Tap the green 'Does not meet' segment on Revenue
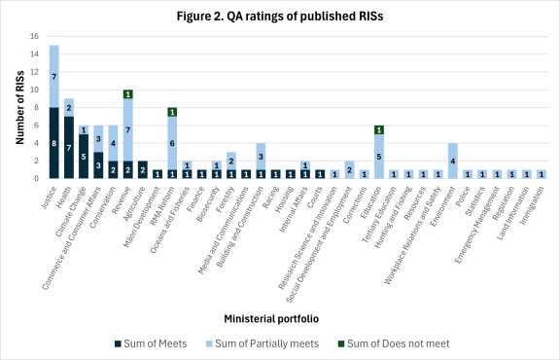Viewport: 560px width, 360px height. point(127,94)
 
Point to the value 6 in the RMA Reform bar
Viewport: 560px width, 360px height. point(172,143)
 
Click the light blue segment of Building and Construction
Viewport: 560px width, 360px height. point(260,156)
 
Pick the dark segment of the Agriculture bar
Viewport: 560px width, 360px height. point(143,169)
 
